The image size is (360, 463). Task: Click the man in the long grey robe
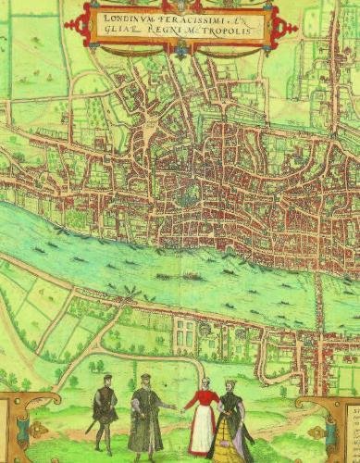(x=145, y=415)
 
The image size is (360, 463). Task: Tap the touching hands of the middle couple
(x=174, y=407)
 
